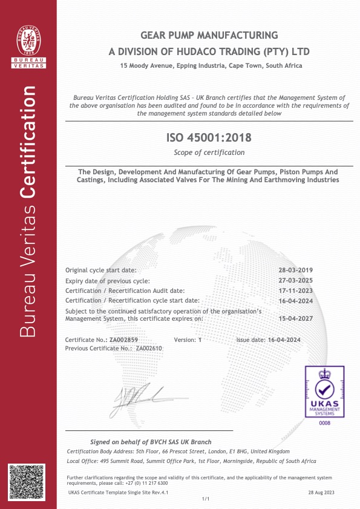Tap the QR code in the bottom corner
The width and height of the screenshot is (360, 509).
pos(27,482)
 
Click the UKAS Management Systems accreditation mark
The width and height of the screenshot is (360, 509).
pos(325,392)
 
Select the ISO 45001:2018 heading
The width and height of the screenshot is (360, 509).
pos(209,139)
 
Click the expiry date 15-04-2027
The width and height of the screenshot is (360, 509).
pos(296,317)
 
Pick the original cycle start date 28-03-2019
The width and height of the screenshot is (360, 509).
pos(296,270)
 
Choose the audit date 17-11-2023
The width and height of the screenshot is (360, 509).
pos(296,291)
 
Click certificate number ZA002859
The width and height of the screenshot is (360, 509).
pos(128,340)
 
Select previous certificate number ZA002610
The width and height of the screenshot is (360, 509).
pos(149,348)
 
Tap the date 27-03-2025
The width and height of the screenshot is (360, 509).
pos(296,281)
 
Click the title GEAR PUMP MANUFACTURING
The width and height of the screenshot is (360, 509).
pos(209,35)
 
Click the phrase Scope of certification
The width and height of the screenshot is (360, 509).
pos(209,152)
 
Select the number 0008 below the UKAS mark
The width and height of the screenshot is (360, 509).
pos(325,422)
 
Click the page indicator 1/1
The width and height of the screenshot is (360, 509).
pos(205,499)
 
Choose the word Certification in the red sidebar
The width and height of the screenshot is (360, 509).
pos(29,142)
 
